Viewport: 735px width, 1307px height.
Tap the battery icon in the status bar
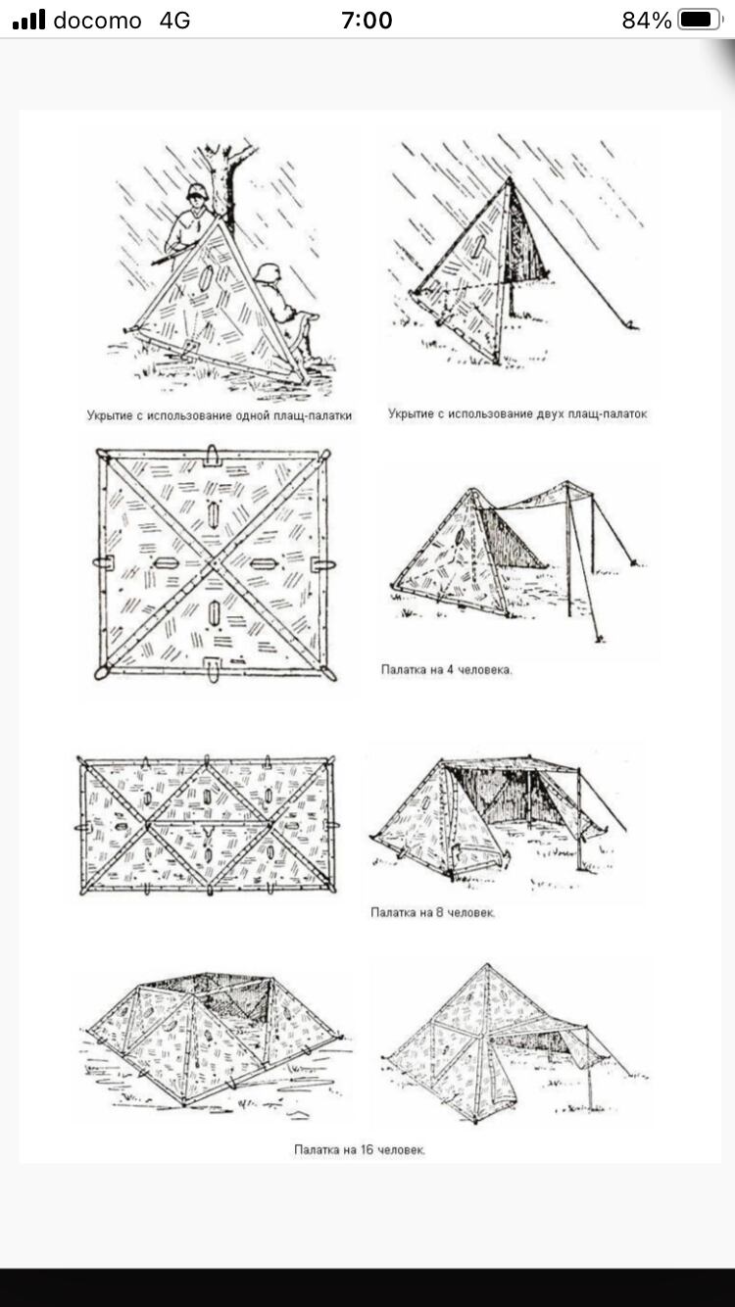pyautogui.click(x=699, y=20)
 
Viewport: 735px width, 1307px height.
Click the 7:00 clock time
pyautogui.click(x=367, y=21)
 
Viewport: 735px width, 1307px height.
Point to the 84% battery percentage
pyautogui.click(x=647, y=21)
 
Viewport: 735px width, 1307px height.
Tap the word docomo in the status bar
pyautogui.click(x=97, y=21)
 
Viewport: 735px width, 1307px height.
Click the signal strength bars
pyautogui.click(x=28, y=20)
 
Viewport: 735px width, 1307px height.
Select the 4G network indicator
pyautogui.click(x=174, y=21)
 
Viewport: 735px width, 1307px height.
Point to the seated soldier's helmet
pyautogui.click(x=267, y=273)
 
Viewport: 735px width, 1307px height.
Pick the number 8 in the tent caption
pyautogui.click(x=438, y=913)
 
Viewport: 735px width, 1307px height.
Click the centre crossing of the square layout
pyautogui.click(x=214, y=563)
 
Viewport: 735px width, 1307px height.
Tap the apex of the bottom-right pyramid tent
pyautogui.click(x=487, y=965)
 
